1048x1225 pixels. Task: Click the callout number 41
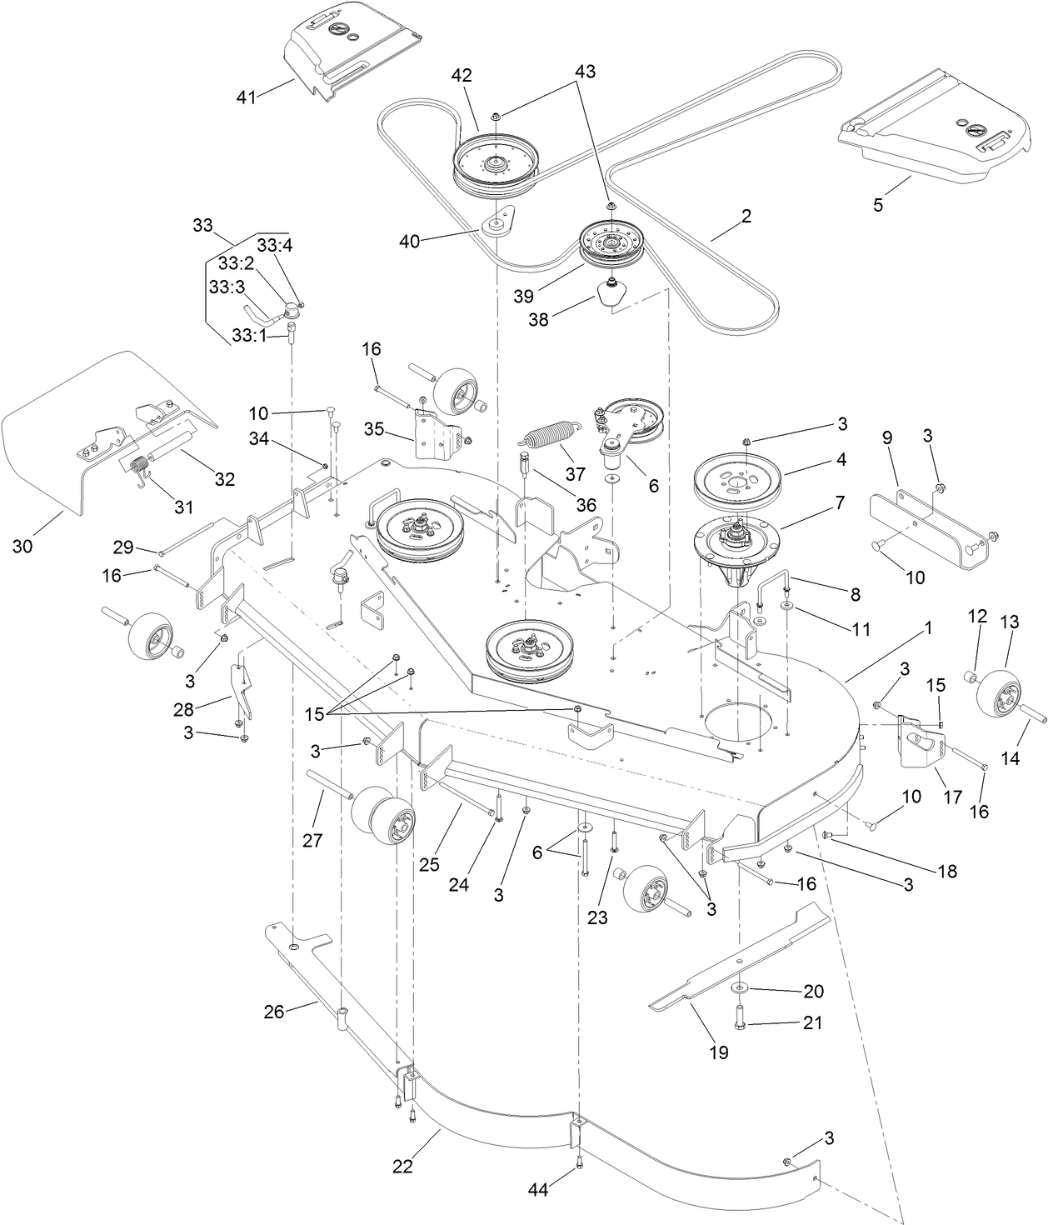(246, 97)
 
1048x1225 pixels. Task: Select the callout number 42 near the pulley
(462, 75)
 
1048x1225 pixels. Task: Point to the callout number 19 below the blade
(718, 1052)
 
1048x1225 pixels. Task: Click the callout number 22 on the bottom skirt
(402, 1167)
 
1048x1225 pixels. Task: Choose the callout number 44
(538, 1190)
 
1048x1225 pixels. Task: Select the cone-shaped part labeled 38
(612, 294)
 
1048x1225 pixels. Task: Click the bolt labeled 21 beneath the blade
(739, 1016)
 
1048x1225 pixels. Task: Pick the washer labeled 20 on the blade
(740, 987)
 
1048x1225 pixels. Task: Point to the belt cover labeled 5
(933, 129)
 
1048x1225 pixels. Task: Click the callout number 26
(274, 1012)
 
